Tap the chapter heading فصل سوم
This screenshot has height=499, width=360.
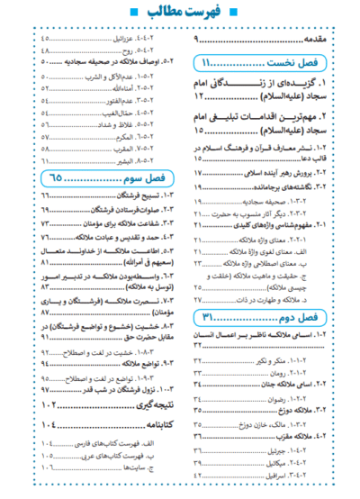coord(144,177)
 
